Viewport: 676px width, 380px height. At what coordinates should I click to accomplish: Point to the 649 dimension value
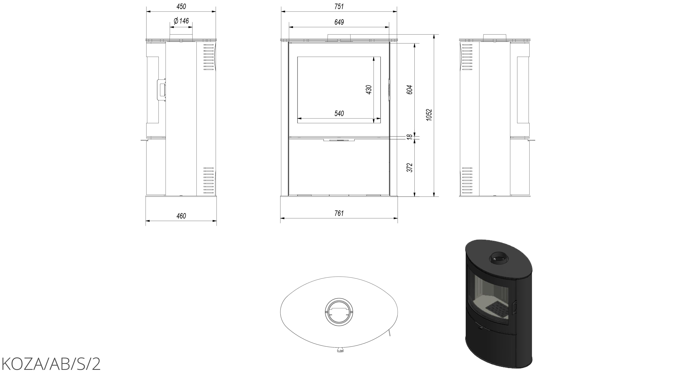(x=339, y=22)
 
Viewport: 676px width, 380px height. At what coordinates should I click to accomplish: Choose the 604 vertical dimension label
(x=409, y=90)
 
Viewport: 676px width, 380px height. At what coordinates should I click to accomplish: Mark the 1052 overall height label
(x=429, y=115)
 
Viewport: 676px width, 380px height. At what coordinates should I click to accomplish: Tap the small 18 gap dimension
(x=409, y=137)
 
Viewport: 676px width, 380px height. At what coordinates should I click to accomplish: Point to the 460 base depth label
(x=181, y=216)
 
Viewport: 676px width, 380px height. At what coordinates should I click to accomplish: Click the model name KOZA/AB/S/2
(x=51, y=364)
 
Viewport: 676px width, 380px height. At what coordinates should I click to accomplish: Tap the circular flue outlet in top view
(x=339, y=312)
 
